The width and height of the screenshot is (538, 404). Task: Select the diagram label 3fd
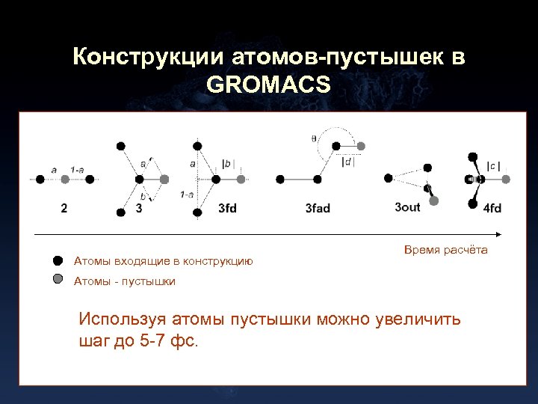(227, 208)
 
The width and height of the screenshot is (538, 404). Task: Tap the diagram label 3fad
(318, 208)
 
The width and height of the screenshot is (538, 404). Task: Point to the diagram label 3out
(408, 207)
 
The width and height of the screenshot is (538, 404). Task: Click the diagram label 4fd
(492, 208)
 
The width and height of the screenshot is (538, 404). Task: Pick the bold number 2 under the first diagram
(64, 208)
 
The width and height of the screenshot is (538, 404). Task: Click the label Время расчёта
(445, 249)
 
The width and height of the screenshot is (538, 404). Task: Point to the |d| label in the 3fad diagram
(348, 161)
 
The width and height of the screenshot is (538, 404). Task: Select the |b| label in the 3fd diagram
(229, 163)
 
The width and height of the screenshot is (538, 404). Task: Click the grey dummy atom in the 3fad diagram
(362, 146)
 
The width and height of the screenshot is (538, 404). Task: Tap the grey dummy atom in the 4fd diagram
(506, 180)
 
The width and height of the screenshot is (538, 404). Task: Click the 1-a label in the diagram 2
(77, 170)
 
